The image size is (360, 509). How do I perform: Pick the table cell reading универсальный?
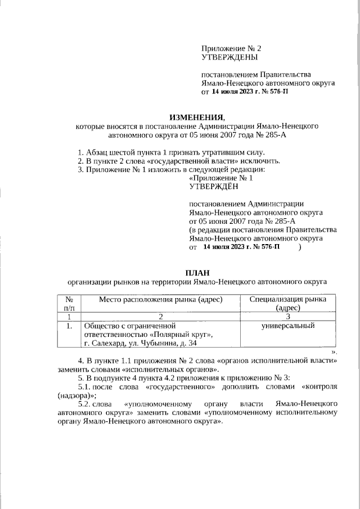287,326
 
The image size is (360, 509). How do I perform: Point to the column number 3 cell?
287,317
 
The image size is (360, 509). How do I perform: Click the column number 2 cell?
161,317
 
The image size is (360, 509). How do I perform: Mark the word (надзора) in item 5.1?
74,395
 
